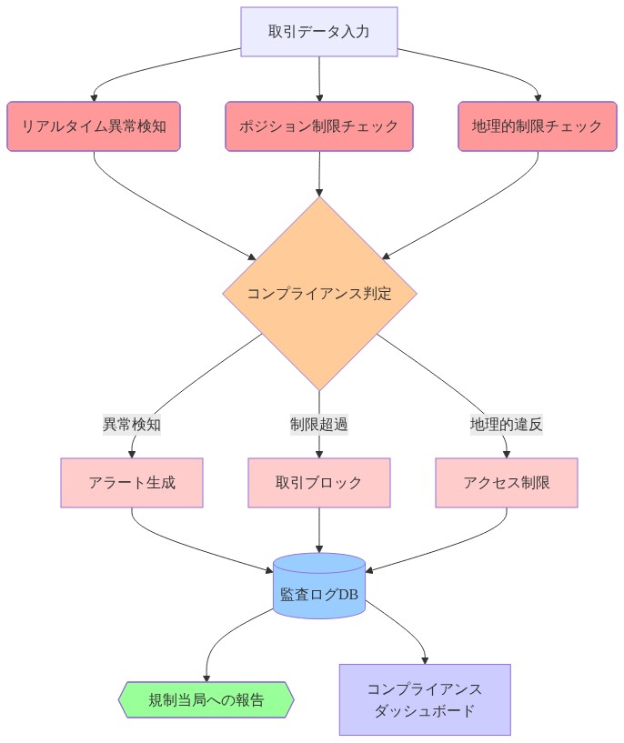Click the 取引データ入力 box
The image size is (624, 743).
coord(318,31)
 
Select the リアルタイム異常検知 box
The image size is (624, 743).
coord(94,126)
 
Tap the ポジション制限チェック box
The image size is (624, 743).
coord(318,126)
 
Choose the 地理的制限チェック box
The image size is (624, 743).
coord(537,126)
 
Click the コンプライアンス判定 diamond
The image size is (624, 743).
coord(319,294)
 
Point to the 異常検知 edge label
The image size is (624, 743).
coord(132,424)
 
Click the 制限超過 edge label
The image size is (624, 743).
coord(319,424)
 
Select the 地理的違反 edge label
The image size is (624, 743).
coord(506,424)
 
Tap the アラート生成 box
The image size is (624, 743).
coord(132,482)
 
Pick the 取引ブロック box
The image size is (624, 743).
coord(319,482)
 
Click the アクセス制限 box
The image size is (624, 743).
coord(506,482)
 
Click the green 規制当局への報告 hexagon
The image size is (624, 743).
coord(206,699)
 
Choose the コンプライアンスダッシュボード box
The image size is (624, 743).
coord(425,699)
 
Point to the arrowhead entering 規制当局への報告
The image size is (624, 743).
coord(206,677)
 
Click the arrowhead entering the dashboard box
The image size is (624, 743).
coord(425,658)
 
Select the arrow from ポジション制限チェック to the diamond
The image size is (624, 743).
coord(319,173)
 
